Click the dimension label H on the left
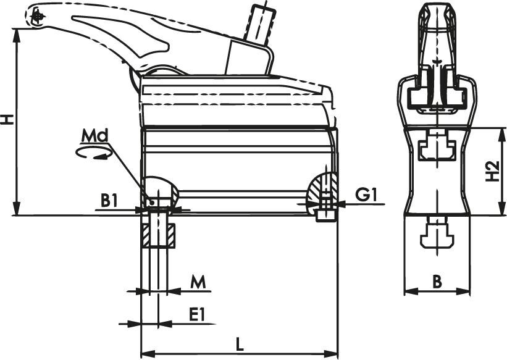(x=7, y=119)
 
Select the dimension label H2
(x=492, y=172)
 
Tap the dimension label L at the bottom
(x=239, y=344)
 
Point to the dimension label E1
(x=197, y=314)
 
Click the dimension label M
(x=197, y=282)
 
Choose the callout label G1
(x=366, y=195)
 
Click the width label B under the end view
(x=437, y=282)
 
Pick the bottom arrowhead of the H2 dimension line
(x=499, y=210)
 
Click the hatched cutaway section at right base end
(x=324, y=188)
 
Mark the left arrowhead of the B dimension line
(x=409, y=291)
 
